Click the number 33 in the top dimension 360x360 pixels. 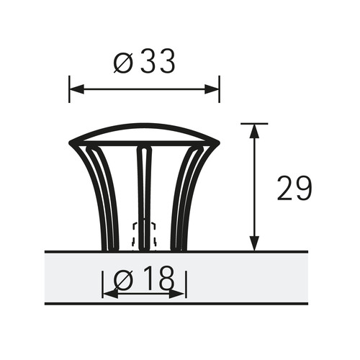coord(158,62)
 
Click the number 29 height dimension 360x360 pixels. coord(294,189)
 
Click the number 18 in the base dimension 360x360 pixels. coord(158,277)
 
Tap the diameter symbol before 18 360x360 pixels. coord(122,279)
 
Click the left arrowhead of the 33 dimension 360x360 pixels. coord(76,89)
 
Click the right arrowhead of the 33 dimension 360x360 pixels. coord(212,89)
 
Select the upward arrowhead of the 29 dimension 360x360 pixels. coord(254,132)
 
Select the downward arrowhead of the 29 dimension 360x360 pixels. coord(254,243)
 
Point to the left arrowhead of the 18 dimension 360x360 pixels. coord(110,294)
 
